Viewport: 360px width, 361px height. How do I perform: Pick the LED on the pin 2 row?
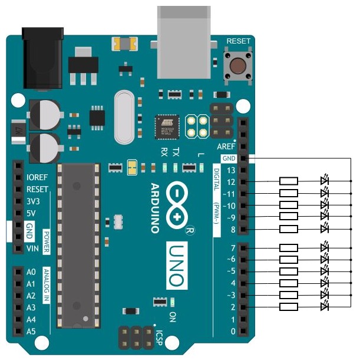323,307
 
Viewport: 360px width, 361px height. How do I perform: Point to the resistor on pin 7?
289,247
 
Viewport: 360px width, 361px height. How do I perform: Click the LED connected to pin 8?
323,228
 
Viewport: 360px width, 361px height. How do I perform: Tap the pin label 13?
230,171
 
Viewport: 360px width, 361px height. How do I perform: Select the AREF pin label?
226,146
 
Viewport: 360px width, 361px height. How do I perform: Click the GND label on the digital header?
229,158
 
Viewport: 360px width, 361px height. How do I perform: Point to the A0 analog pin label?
31,272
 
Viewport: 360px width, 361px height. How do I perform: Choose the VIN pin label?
32,249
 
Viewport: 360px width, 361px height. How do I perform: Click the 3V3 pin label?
33,201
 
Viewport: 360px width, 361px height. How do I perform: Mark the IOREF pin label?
37,177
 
